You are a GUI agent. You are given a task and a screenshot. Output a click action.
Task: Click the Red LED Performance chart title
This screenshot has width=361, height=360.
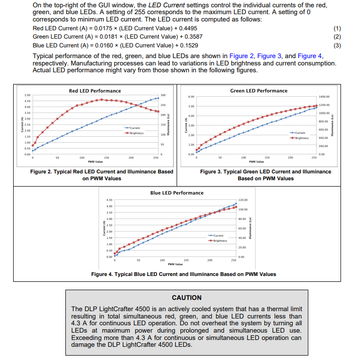[x=95, y=91]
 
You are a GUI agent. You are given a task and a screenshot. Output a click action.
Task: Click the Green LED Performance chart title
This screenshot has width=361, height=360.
[x=259, y=91]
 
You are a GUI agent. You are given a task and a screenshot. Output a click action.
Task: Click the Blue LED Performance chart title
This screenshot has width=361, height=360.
[x=177, y=193]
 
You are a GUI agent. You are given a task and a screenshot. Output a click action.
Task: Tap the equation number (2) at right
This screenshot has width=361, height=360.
[x=337, y=37]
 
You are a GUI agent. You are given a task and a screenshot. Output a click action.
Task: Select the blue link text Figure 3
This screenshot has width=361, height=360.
[x=269, y=56]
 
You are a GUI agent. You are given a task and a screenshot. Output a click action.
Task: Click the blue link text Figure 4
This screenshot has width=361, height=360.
[x=310, y=56]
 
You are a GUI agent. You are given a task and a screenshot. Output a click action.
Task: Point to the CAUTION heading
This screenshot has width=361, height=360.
[x=187, y=297]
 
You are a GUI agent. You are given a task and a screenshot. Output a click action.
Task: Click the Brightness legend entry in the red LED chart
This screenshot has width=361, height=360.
[x=135, y=132]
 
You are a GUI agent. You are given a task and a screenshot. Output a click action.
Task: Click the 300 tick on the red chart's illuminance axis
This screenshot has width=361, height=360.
[x=163, y=95]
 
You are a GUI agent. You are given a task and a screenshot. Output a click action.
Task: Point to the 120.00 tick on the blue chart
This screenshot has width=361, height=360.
[x=243, y=200]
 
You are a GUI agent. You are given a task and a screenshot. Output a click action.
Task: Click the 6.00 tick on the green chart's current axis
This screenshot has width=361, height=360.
[x=192, y=97]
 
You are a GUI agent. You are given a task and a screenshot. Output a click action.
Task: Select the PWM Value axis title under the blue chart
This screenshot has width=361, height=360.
[x=175, y=264]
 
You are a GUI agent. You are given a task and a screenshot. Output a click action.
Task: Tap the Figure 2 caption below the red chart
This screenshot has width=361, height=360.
[x=102, y=175]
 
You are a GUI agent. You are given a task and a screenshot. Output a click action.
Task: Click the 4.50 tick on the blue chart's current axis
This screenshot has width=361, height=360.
[x=110, y=200]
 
